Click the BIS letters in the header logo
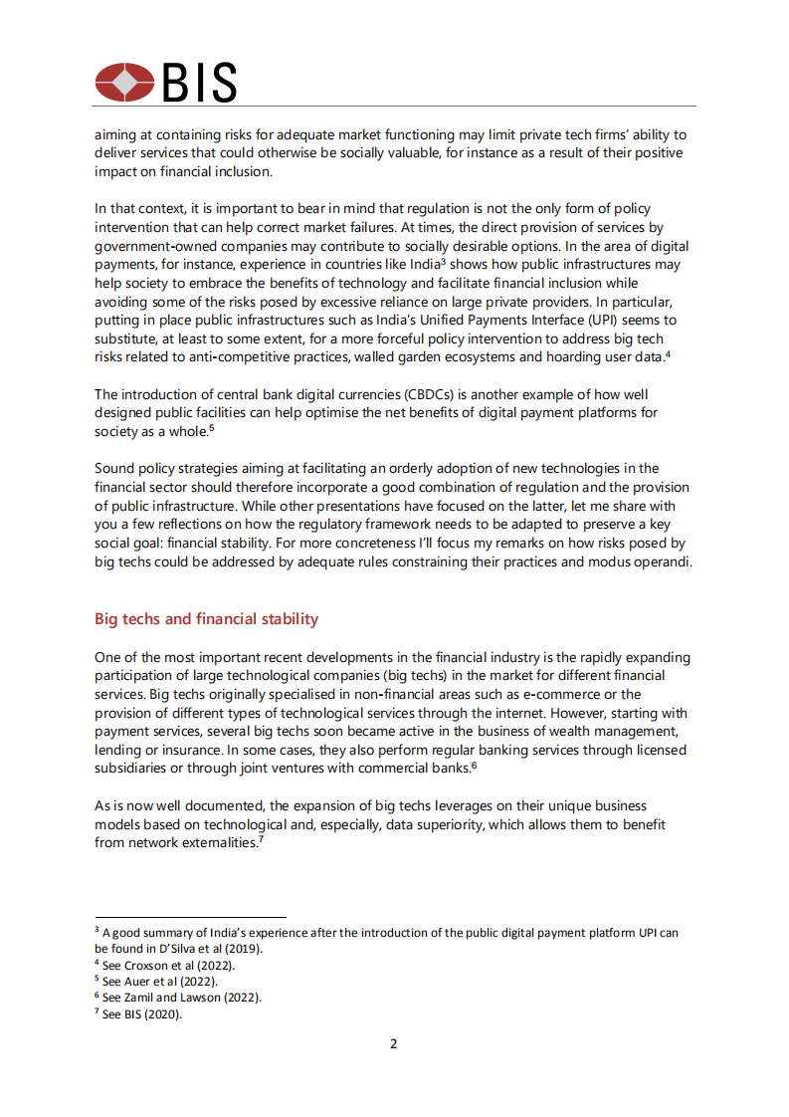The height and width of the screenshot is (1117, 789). (199, 82)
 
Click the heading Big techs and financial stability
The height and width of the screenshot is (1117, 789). (206, 619)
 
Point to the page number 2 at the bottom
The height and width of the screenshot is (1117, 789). (394, 1044)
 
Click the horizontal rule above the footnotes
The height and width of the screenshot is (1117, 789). (190, 917)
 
